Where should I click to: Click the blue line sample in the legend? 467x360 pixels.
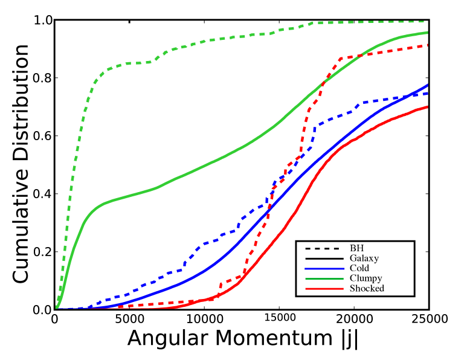pyautogui.click(x=324, y=269)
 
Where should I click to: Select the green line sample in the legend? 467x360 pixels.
pyautogui.click(x=324, y=279)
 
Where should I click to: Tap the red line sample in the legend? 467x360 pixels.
pyautogui.click(x=324, y=289)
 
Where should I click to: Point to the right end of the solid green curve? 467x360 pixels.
pyautogui.click(x=428, y=33)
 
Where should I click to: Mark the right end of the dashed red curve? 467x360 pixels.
pyautogui.click(x=428, y=45)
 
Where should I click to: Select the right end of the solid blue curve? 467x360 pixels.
pyautogui.click(x=428, y=85)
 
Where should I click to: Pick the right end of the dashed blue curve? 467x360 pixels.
pyautogui.click(x=428, y=93)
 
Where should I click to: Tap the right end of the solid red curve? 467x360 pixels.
pyautogui.click(x=428, y=107)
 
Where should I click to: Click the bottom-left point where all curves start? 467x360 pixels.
pyautogui.click(x=57, y=308)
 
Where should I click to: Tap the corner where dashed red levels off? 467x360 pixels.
pyautogui.click(x=342, y=58)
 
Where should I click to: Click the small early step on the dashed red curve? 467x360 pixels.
pyautogui.click(x=221, y=283)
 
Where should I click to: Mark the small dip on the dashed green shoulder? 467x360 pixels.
pyautogui.click(x=151, y=62)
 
